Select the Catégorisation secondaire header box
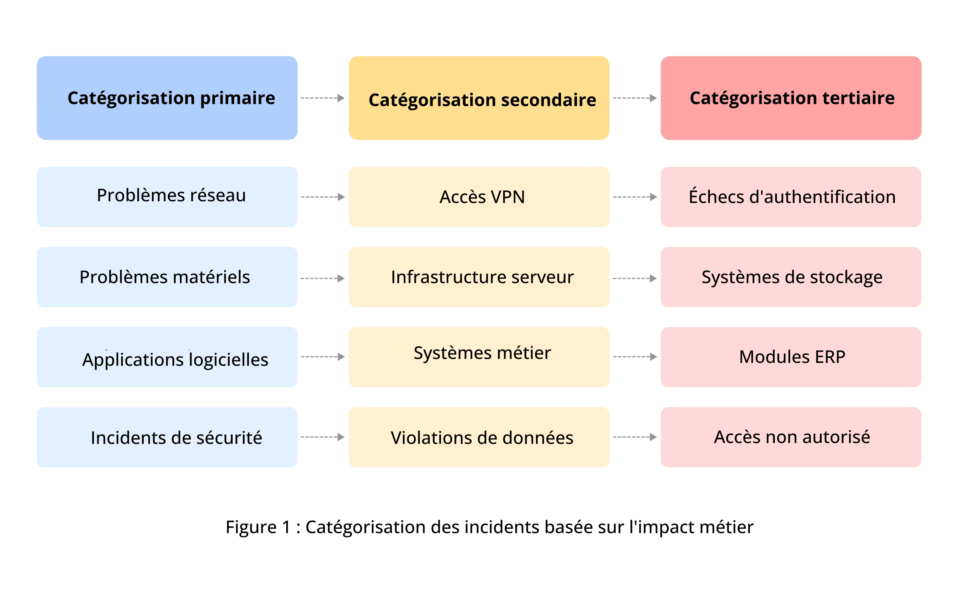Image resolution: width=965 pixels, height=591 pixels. (x=479, y=98)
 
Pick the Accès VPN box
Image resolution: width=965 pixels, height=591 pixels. (x=479, y=197)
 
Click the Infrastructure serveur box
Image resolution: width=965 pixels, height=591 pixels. (x=479, y=277)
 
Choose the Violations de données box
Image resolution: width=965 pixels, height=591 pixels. (x=479, y=437)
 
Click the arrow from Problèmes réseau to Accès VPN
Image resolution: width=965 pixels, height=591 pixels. (x=323, y=197)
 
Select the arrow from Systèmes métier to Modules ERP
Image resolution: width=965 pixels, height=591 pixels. (x=635, y=357)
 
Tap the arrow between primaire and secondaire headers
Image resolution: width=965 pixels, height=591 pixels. (x=323, y=98)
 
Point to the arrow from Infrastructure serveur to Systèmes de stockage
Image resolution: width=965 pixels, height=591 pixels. (x=635, y=279)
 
